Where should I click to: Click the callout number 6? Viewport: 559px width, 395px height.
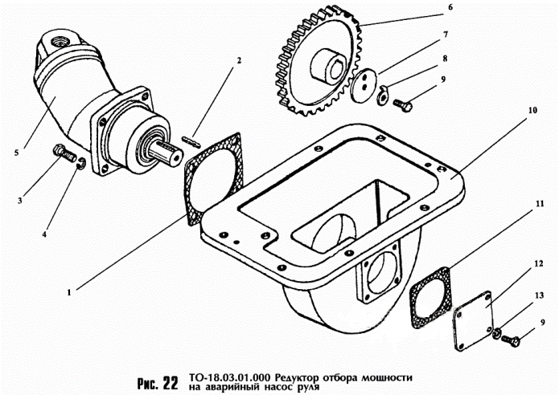tap(450, 7)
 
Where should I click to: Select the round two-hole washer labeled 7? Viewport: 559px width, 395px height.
tap(364, 83)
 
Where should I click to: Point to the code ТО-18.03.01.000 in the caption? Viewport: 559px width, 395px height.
tap(228, 374)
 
